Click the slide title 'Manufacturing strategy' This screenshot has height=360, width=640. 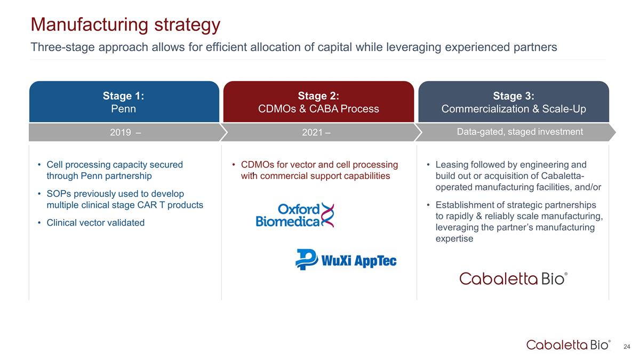[125, 25]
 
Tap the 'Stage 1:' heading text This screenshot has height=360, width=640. [123, 95]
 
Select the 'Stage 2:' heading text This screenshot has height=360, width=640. [318, 95]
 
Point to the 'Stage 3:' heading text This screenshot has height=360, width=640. [514, 95]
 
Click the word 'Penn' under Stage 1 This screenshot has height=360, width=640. [123, 109]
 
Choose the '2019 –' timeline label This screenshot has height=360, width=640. [125, 132]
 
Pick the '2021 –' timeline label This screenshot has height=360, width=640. [316, 132]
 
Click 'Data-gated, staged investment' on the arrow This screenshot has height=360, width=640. [519, 132]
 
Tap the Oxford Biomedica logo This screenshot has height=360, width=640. [295, 215]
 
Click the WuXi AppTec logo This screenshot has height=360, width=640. [346, 259]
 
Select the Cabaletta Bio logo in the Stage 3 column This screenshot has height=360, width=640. [514, 278]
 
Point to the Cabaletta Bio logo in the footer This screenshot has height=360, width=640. [569, 345]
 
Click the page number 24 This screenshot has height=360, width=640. [627, 347]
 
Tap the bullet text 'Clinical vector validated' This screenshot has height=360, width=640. [95, 222]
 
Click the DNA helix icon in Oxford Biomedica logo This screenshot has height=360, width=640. [327, 215]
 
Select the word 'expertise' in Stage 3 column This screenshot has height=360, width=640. [454, 238]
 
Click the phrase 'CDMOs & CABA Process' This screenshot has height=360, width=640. [318, 109]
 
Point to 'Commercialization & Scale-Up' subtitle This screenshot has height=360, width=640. [514, 109]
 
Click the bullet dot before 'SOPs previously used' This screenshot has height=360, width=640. [39, 194]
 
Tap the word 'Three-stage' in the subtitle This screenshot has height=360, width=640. [62, 47]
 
